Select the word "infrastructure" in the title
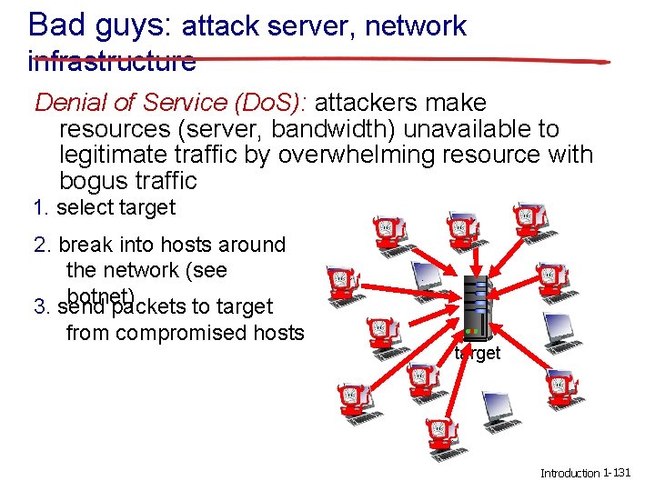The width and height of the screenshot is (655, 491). [x=112, y=62]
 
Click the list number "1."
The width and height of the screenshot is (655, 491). [x=40, y=207]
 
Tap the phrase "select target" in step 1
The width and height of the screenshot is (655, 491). [x=116, y=207]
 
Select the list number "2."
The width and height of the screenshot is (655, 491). [x=41, y=245]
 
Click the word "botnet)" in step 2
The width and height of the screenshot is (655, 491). [x=101, y=296]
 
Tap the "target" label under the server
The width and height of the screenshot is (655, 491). [x=478, y=354]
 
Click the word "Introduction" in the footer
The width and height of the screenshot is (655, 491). [x=569, y=474]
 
